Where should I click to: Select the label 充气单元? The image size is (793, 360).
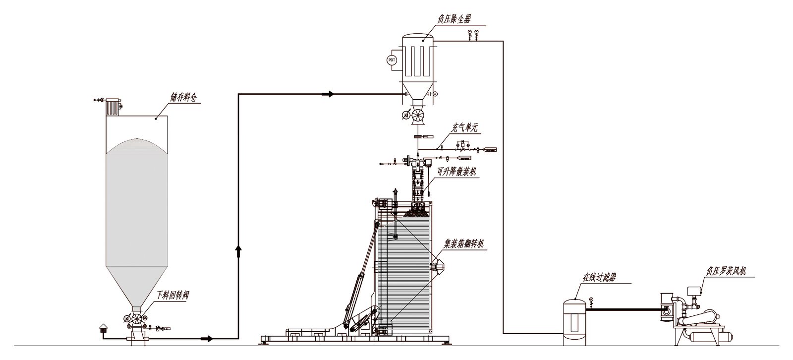[464, 127]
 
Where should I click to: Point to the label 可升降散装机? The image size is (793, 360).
[456, 172]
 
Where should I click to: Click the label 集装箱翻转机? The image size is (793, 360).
[464, 244]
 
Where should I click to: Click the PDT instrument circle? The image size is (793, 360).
[392, 60]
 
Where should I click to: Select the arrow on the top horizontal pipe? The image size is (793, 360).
[328, 94]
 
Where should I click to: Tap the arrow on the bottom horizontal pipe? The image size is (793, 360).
[207, 339]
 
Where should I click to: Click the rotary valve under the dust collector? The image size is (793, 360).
[418, 114]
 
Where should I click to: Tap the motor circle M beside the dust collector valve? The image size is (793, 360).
[406, 115]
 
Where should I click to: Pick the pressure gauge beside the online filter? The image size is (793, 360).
[591, 301]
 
